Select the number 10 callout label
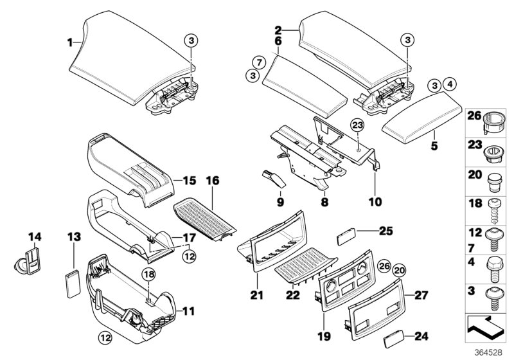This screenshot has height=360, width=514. (374, 202)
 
